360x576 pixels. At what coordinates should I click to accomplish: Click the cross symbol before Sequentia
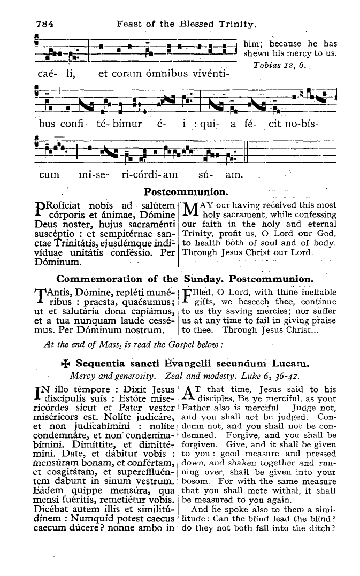pyautogui.click(x=67, y=365)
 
